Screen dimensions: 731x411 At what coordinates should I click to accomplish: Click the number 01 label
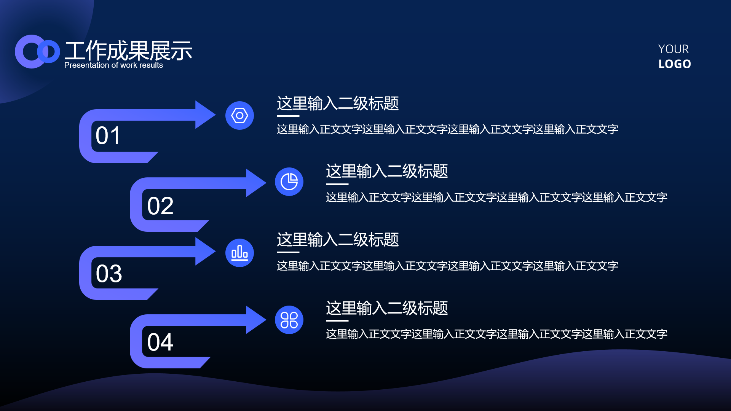108,135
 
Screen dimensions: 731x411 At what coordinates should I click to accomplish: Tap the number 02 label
160,206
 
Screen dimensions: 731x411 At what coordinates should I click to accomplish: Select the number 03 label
109,273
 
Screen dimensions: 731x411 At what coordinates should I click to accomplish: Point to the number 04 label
160,342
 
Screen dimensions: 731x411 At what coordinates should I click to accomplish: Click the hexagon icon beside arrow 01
239,115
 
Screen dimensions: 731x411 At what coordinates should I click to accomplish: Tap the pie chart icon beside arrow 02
289,182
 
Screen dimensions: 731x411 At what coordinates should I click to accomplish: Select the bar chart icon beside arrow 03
239,253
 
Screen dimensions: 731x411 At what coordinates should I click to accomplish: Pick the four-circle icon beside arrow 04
289,320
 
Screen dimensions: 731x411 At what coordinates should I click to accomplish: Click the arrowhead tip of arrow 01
215,115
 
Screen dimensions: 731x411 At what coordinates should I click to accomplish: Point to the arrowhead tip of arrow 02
266,183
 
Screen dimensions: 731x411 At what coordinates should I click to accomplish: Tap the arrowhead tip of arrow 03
215,251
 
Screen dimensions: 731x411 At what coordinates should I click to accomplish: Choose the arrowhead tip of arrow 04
266,320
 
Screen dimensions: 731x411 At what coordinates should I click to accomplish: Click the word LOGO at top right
675,64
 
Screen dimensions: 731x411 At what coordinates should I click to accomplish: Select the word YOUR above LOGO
674,49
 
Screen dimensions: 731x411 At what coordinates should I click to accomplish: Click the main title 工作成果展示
128,51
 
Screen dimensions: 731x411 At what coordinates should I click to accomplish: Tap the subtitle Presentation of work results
113,65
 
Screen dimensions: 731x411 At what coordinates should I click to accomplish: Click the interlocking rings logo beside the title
37,51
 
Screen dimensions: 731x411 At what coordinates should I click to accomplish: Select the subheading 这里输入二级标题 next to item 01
338,103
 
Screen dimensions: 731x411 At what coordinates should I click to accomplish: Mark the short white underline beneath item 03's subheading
288,252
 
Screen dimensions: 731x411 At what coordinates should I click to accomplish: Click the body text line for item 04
496,334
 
